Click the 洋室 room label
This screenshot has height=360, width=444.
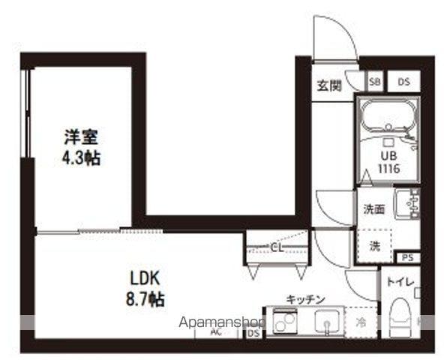82,138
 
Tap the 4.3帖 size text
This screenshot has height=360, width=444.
82,159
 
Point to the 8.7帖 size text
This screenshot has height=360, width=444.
145,298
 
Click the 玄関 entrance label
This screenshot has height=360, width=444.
329,85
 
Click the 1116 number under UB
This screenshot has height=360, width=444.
388,169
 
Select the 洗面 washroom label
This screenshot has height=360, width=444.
374,209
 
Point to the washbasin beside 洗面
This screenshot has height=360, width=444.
406,204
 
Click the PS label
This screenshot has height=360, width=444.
407,257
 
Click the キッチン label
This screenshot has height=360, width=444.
305,299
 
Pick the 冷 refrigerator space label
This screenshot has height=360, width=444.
361,324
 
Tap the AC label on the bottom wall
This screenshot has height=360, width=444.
216,331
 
